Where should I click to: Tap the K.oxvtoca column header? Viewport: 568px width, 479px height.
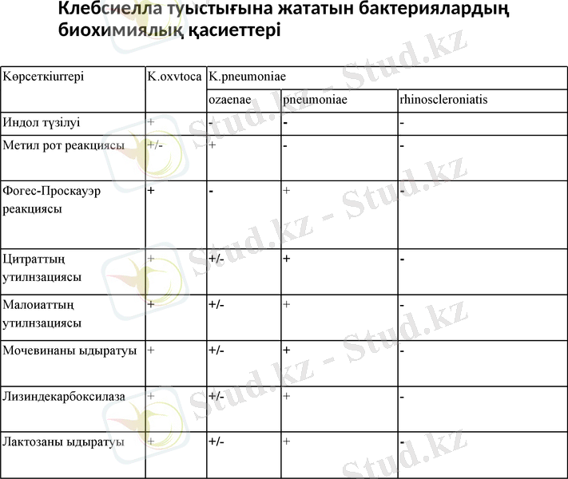(174, 77)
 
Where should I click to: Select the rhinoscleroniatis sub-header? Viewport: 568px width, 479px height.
(444, 100)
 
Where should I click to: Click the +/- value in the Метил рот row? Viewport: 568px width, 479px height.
(155, 145)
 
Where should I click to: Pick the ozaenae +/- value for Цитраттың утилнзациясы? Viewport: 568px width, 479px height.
(216, 259)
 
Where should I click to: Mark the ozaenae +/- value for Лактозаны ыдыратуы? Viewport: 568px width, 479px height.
(216, 441)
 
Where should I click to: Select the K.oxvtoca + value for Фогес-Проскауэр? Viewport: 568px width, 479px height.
(151, 191)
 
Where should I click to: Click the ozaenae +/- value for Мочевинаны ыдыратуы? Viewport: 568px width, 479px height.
(216, 350)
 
